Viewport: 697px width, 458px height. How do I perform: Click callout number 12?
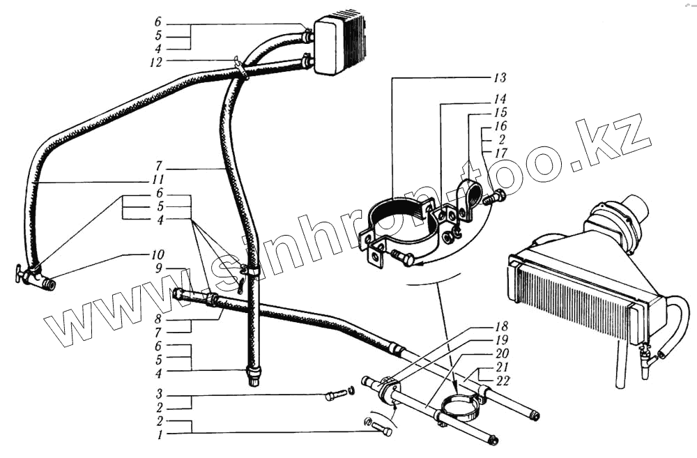pos(156,62)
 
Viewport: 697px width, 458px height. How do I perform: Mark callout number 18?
pos(503,326)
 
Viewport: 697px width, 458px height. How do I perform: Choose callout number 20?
pos(503,353)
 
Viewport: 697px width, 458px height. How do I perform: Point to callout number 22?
pos(503,380)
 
